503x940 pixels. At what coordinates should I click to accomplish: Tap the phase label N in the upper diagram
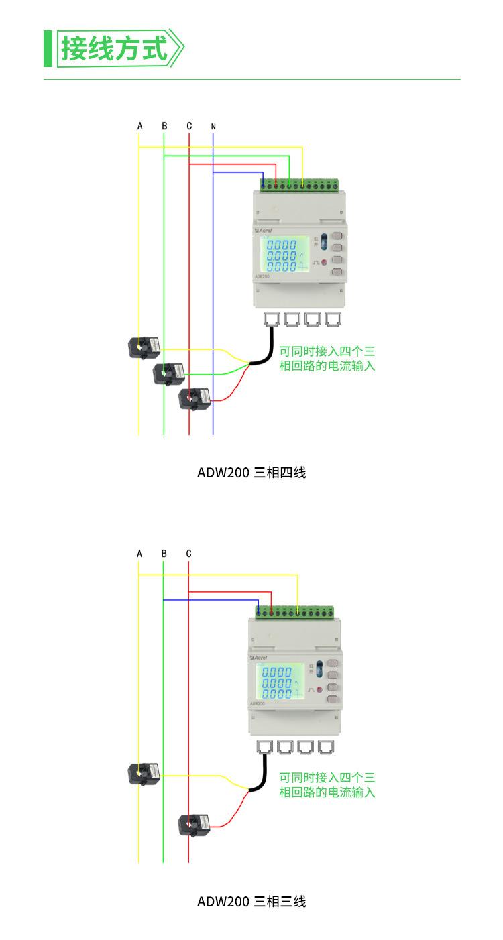coord(213,126)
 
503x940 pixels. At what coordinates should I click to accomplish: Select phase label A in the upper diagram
coord(139,126)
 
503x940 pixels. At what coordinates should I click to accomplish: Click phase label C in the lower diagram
coord(189,554)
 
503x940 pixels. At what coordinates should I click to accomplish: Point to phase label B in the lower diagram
coord(164,554)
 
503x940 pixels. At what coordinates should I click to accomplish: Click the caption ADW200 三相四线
coord(251,473)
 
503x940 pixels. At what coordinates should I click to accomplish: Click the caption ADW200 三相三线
coord(251,902)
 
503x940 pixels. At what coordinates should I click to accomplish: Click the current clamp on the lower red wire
coord(194,824)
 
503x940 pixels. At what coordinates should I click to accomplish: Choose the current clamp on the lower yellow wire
coord(144,774)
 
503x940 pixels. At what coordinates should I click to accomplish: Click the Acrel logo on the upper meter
coord(263,229)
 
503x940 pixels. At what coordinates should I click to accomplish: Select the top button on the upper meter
coord(337,236)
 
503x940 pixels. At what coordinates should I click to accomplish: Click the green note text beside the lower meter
coord(327,785)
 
